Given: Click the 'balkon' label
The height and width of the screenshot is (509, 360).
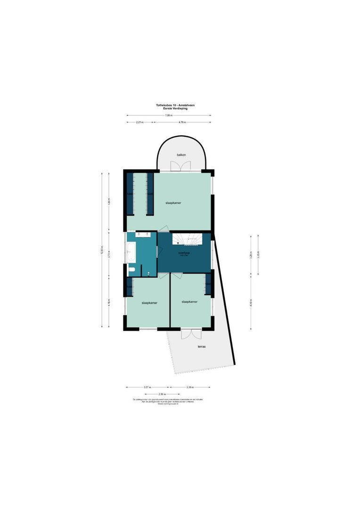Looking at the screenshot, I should click(181, 155).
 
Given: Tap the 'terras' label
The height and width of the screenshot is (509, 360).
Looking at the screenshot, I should click(202, 346).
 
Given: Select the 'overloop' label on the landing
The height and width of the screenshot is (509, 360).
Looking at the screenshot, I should click(184, 253).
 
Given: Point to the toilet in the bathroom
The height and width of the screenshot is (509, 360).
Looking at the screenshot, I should click(133, 270).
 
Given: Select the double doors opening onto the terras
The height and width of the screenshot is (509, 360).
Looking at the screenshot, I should click(191, 333).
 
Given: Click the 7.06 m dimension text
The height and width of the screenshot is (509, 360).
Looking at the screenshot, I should click(168, 115).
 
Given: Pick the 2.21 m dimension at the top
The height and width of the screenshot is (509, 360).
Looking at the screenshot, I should click(139, 122).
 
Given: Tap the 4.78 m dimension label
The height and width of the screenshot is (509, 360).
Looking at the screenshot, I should click(182, 122).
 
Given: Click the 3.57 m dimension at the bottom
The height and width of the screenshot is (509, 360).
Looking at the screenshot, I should click(147, 387).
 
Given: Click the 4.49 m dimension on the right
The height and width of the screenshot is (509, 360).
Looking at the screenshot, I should click(251, 303).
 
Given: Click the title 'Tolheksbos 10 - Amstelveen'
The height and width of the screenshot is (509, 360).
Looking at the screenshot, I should click(168, 106).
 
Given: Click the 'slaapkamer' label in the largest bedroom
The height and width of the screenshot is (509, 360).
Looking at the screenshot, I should click(173, 203).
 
